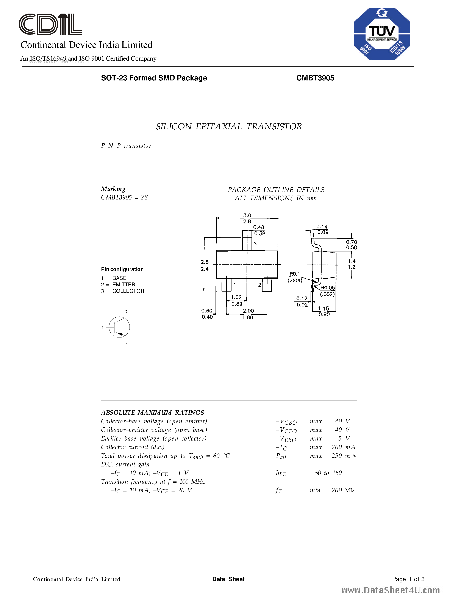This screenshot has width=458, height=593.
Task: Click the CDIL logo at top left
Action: coord(50,24)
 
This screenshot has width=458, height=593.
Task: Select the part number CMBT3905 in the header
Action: coord(315,78)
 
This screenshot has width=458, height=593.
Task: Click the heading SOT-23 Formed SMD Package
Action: coord(154,78)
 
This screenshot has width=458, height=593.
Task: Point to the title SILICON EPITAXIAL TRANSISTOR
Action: coord(229,127)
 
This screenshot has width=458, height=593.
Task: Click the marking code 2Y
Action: coord(144,197)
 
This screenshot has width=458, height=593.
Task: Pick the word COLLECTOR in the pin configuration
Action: coord(128,291)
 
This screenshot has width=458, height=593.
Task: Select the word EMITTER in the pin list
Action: coord(124,285)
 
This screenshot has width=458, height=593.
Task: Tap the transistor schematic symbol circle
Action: coord(119,327)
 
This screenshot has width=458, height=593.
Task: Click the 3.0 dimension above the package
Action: coord(247,215)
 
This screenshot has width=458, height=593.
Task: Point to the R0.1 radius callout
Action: coord(295,274)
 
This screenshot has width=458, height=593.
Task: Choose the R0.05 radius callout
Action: coord(328,287)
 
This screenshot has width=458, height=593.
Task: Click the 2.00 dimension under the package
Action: coord(248,311)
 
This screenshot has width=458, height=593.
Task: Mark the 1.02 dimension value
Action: coord(236,297)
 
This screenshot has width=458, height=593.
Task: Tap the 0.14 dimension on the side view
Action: coord(322,226)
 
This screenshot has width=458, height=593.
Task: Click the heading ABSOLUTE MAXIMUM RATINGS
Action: coord(152,413)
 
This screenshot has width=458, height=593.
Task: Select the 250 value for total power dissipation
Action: coord(336,456)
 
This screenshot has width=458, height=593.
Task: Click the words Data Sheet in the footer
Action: coord(228,579)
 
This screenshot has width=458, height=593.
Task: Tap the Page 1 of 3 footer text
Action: coord(408,579)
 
